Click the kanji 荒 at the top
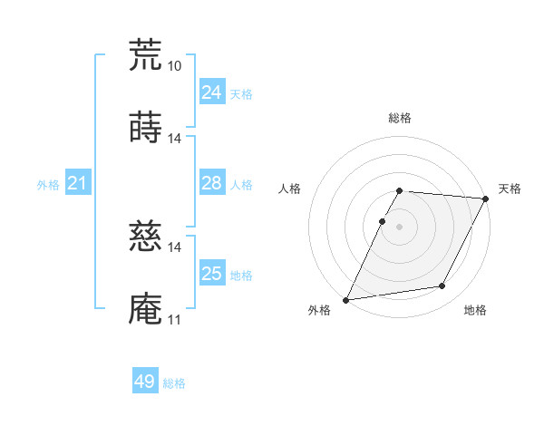point(145,54)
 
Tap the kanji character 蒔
point(145,128)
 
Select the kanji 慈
point(145,237)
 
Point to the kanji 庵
point(145,309)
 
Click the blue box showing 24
point(212,92)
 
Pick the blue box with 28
point(212,183)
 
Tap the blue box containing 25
point(212,274)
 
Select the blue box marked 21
point(77,184)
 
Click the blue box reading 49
point(145,382)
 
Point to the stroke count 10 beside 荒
point(174,66)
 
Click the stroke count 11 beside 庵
point(174,320)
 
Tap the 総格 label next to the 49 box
point(174,383)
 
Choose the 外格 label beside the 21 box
point(48,185)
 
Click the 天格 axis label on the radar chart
point(510,189)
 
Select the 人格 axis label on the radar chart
point(289,189)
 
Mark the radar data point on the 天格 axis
point(487,198)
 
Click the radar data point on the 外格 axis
point(346,299)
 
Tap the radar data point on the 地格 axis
point(442,286)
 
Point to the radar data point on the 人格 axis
point(382,221)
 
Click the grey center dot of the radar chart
point(399,227)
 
